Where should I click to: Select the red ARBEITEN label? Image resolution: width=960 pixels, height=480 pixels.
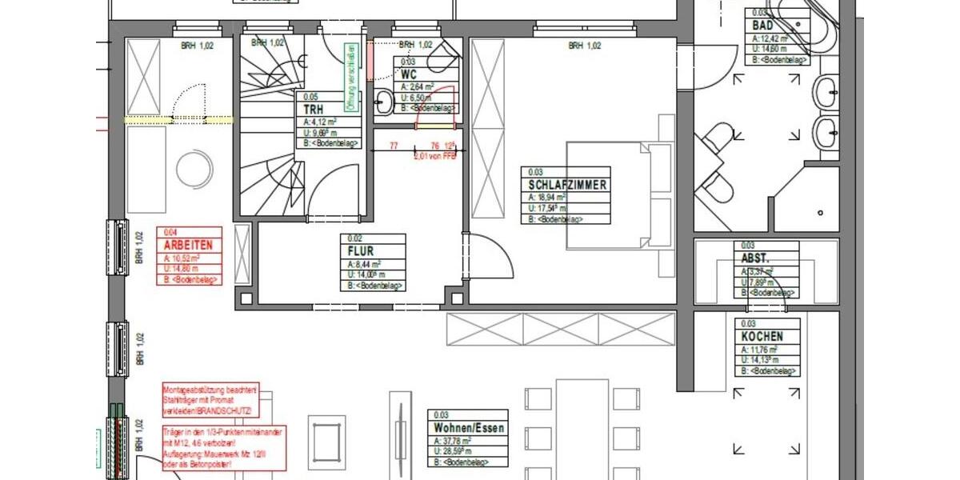(188, 246)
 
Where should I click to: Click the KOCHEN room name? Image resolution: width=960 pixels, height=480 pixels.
(762, 337)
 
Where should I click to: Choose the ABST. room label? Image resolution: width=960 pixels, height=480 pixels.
(756, 259)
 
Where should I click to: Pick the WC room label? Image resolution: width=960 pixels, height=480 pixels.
(410, 75)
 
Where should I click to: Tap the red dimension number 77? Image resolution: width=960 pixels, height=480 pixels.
(394, 146)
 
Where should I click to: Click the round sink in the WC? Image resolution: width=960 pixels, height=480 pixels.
(384, 101)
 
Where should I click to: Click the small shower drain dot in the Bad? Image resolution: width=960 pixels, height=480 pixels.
(822, 213)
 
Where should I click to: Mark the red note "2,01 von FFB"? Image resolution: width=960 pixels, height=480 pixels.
(434, 157)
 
